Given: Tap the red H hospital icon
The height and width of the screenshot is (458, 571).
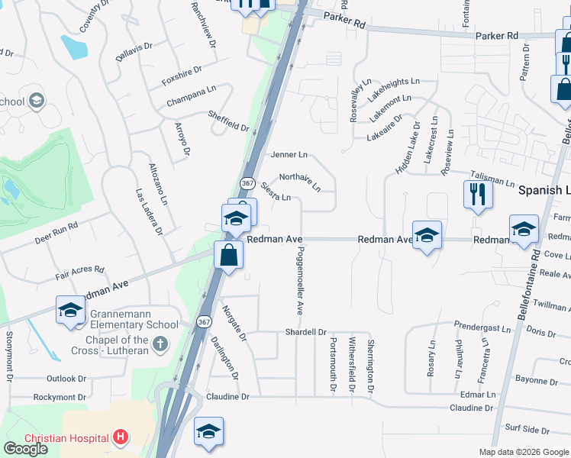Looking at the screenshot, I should pos(121,437).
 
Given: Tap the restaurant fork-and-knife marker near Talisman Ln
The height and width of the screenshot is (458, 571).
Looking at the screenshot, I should pos(478,195).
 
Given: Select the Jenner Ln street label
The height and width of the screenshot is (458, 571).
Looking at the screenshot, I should pos(289,154).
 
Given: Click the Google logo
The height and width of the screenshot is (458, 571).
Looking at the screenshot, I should pos(25,449).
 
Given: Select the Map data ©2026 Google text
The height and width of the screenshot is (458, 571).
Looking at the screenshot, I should pos(523,452).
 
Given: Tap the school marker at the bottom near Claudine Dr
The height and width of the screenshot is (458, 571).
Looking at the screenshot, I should pos(208,431).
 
